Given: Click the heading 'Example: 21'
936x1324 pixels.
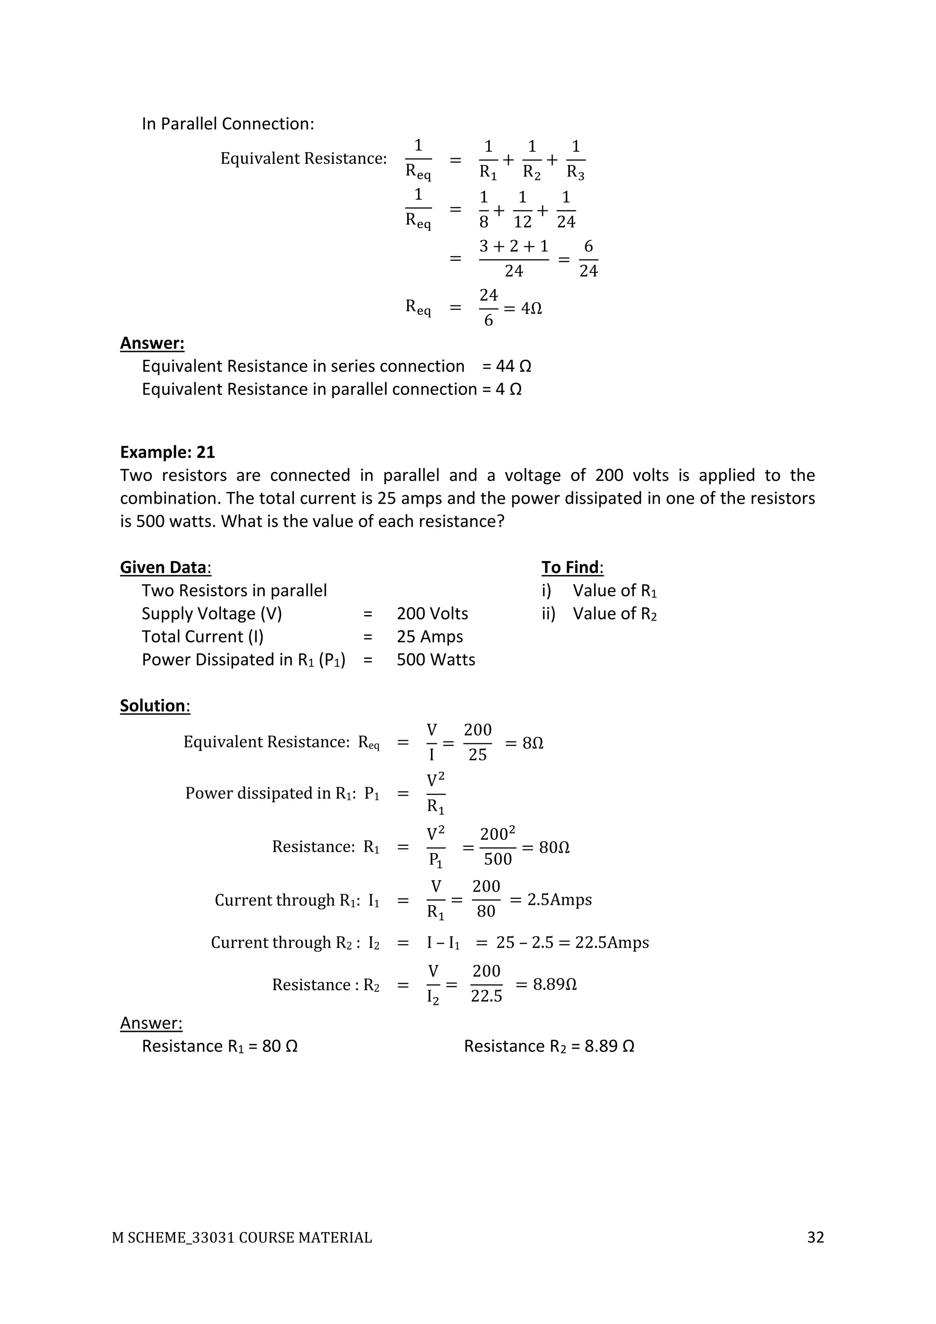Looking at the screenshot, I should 167,452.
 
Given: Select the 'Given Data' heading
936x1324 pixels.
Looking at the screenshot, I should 165,567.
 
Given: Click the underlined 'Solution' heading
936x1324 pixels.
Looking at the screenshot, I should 154,706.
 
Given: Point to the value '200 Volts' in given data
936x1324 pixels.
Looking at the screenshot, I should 432,614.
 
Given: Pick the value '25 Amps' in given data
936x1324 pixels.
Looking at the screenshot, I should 430,637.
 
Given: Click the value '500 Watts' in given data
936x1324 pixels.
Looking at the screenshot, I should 436,660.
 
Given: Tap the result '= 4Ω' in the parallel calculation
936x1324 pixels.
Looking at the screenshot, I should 523,309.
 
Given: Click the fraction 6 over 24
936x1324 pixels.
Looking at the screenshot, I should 588,259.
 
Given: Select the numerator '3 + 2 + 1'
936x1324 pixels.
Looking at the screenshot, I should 514,247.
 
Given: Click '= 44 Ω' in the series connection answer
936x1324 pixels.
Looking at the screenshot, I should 506,366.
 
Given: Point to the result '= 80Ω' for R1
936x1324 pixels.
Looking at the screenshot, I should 546,848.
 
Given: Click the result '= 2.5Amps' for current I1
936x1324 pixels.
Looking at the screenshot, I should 551,900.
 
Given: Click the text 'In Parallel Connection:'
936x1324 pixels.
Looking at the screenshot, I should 228,124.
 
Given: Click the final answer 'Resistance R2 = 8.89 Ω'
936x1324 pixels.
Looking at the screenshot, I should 549,1046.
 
